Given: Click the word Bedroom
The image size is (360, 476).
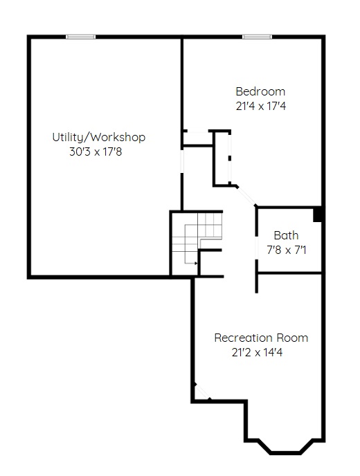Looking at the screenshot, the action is pos(260,91).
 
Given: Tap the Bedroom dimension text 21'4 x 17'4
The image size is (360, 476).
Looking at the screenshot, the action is pos(261,107).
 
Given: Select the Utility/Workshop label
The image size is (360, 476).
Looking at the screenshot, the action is pos(99,137).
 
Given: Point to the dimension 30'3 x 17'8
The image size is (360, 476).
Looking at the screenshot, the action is pos(96,152).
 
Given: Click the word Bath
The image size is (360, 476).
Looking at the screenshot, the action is pos(286,235).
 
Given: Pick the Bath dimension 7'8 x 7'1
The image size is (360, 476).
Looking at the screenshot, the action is pos(287,250).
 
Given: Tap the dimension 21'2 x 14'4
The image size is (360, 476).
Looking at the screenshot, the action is pos(257,352).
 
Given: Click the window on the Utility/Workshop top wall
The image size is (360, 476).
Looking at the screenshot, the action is pos(81,37).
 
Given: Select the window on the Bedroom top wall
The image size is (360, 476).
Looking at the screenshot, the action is pos(257,37).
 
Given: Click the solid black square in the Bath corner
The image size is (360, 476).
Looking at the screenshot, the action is pos(317,214).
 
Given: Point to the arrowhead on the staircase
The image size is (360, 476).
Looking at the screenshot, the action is pos(196,263).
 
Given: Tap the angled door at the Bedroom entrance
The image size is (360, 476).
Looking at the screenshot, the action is pos(246,196).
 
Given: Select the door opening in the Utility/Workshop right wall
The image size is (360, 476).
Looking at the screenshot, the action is pos(182,161).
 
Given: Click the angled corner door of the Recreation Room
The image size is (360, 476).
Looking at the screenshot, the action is pos(202,392).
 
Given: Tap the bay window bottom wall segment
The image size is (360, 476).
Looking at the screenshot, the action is pos(285,453).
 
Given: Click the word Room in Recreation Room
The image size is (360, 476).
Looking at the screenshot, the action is pos(292,338).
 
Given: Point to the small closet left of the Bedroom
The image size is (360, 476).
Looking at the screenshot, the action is pos(197,139).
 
